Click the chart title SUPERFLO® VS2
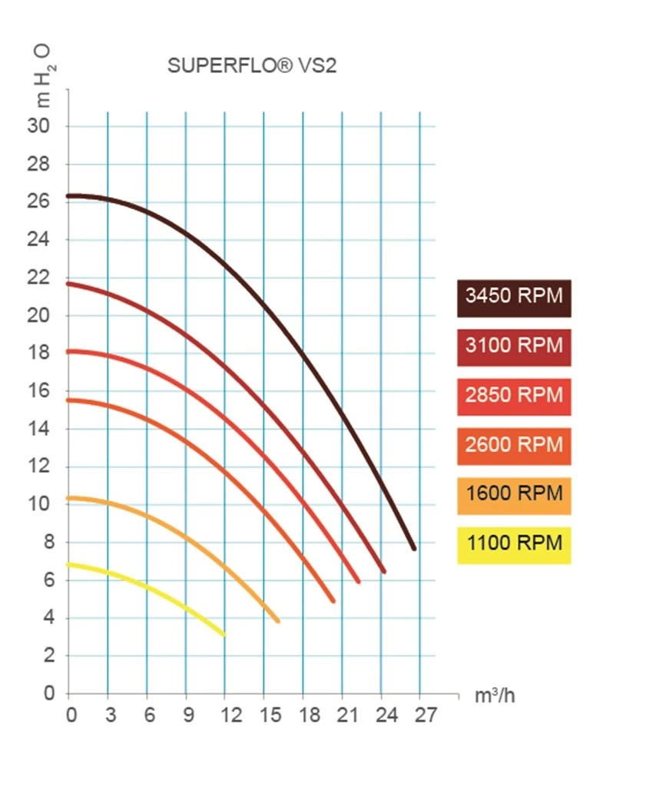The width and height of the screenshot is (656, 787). pos(252,66)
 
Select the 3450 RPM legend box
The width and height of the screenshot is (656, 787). pos(514,297)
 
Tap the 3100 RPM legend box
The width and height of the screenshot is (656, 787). pos(514,347)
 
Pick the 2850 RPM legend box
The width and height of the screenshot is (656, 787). pos(514,397)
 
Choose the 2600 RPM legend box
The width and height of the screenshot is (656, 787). pos(514,446)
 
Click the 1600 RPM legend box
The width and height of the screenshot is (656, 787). pos(514,494)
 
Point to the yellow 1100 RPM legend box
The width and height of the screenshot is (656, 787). pos(514,544)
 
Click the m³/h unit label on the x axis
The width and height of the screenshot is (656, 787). pos(495,697)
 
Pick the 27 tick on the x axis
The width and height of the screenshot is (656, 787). pos(426,716)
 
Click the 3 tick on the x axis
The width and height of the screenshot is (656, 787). pos(111,716)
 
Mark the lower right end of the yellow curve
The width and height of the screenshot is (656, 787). pos(224,634)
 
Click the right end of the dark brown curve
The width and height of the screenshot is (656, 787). pos(414,548)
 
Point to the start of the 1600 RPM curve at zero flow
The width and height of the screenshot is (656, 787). pos(70,498)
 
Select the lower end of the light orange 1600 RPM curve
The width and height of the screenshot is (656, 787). pos(277,620)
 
